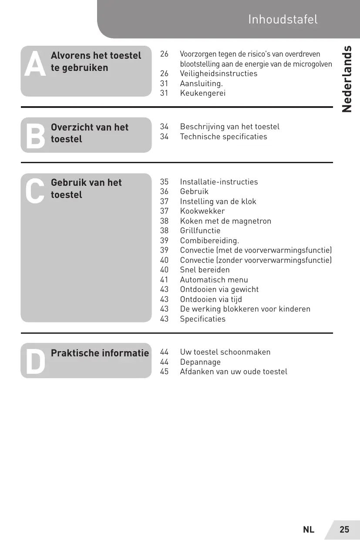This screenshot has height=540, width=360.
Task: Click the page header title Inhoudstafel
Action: coord(283,20)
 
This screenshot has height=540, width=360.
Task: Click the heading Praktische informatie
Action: coord(100,353)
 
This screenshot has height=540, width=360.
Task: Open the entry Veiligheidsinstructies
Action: coord(219,74)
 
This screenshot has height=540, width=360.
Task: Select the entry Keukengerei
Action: coord(203,93)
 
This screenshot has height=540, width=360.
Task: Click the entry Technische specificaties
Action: coord(223,137)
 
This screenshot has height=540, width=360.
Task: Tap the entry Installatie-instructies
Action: coord(219,182)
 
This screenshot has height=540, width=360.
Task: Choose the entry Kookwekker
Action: coord(202,211)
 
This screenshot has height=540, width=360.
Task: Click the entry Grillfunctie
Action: coord(200,231)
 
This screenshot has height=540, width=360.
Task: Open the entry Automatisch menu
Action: coord(214,280)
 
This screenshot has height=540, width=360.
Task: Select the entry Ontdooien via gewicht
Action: coord(219,289)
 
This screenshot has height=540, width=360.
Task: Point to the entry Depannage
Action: coord(200,362)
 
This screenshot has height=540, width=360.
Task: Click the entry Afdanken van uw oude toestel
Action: coord(233,372)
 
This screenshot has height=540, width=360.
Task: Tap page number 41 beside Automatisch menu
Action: coord(164,280)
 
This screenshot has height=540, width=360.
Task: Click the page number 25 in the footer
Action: coord(344,530)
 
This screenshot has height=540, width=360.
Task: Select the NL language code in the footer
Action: coord(309,530)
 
